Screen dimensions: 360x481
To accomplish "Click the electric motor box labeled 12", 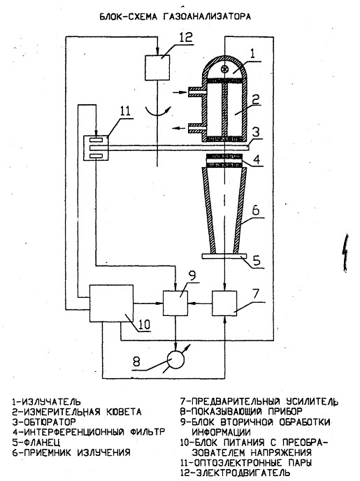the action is pyautogui.click(x=157, y=68).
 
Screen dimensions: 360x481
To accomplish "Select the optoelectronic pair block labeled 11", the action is pyautogui.click(x=96, y=148).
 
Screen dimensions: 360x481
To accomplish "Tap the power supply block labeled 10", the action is pyautogui.click(x=111, y=303).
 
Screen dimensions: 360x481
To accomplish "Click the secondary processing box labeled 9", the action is pyautogui.click(x=175, y=303).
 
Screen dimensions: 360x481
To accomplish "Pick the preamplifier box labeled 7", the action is pyautogui.click(x=224, y=303).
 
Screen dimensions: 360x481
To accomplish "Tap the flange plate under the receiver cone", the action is pyautogui.click(x=224, y=256).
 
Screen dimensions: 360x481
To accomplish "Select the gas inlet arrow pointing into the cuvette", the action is pyautogui.click(x=179, y=92).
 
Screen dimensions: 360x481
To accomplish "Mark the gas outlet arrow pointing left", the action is pyautogui.click(x=179, y=129).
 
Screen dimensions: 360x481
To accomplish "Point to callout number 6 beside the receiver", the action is pyautogui.click(x=255, y=210).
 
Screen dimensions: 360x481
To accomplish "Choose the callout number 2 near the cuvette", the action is pyautogui.click(x=255, y=99).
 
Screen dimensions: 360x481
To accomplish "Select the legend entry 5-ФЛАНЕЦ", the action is pyautogui.click(x=36, y=442).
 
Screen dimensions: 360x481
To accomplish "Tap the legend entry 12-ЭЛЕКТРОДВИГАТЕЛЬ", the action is pyautogui.click(x=235, y=473).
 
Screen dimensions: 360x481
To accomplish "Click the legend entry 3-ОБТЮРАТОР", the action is pyautogui.click(x=44, y=422).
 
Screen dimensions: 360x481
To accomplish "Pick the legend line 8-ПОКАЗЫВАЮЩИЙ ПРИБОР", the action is pyautogui.click(x=241, y=411).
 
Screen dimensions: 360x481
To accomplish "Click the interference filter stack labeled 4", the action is pyautogui.click(x=225, y=161).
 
